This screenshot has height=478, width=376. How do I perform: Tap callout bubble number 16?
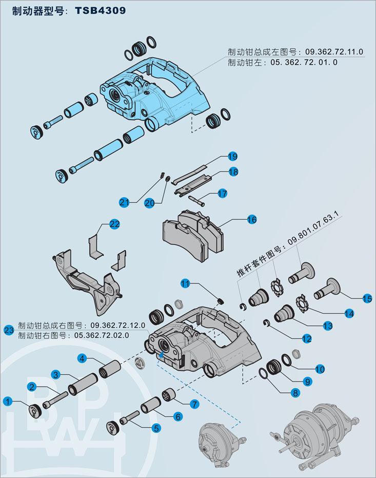click(251, 219)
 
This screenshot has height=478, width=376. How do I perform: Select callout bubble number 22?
click(114, 224)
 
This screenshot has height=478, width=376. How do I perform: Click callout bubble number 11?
click(185, 283)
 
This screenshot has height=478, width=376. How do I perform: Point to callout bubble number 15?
click(367, 298)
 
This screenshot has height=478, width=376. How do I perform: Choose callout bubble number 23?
click(9, 330)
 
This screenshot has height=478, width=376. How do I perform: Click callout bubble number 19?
click(232, 156)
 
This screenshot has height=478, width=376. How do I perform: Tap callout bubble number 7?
click(194, 404)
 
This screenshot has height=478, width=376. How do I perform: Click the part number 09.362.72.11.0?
click(334, 52)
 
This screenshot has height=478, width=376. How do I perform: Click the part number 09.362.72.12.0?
click(118, 326)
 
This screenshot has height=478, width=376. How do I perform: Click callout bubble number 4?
click(82, 358)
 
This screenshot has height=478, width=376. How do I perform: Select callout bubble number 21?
click(124, 202)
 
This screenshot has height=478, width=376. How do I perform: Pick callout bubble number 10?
click(320, 369)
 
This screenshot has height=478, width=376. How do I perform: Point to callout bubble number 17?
click(222, 194)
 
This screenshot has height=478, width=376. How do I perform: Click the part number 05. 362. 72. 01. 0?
click(304, 62)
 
